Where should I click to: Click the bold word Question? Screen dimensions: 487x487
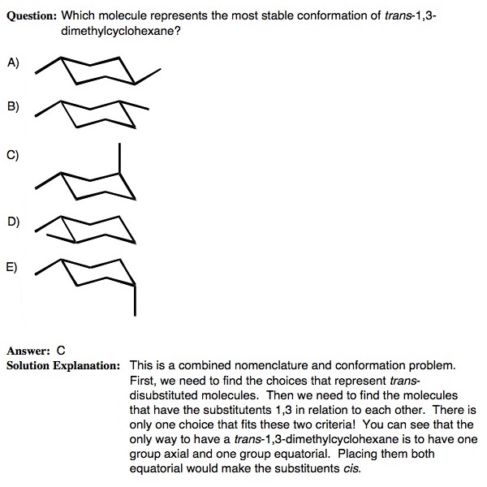coord(32,15)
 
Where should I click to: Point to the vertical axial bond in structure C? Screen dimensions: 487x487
coord(119,158)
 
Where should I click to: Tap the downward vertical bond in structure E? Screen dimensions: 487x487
coord(135,300)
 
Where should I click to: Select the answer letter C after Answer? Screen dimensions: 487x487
coord(60,351)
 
